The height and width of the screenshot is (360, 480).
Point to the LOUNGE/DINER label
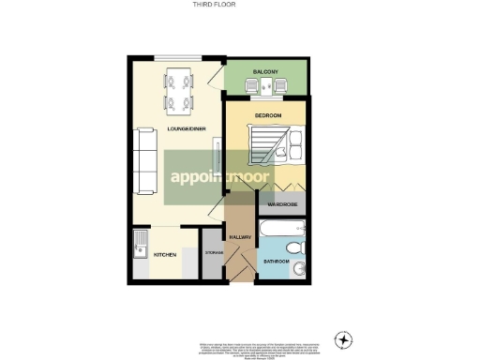(180, 127)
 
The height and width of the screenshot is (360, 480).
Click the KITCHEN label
(165, 254)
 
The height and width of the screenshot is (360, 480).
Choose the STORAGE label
(213, 254)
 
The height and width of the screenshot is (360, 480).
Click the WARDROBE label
(282, 204)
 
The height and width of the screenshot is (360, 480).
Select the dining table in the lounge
(179, 91)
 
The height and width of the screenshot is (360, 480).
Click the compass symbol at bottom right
(344, 338)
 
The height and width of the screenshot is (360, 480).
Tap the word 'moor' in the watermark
(247, 176)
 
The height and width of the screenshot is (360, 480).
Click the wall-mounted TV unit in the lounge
(217, 155)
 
